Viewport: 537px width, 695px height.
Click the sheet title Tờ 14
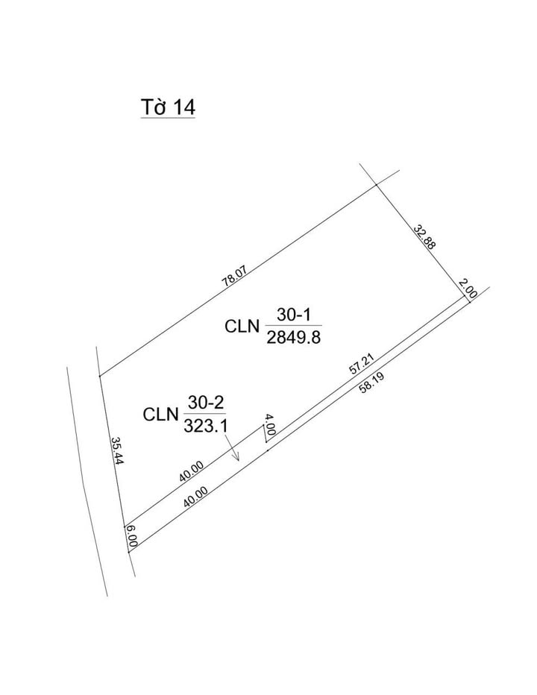168,107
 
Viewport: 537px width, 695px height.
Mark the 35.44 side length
116,450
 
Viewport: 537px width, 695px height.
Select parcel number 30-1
293,316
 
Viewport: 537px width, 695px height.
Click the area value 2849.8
293,337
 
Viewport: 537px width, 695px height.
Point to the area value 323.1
204,425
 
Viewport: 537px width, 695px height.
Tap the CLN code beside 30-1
242,327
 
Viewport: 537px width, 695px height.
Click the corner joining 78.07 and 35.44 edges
100,375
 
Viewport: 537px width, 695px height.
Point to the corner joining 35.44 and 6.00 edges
125,525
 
